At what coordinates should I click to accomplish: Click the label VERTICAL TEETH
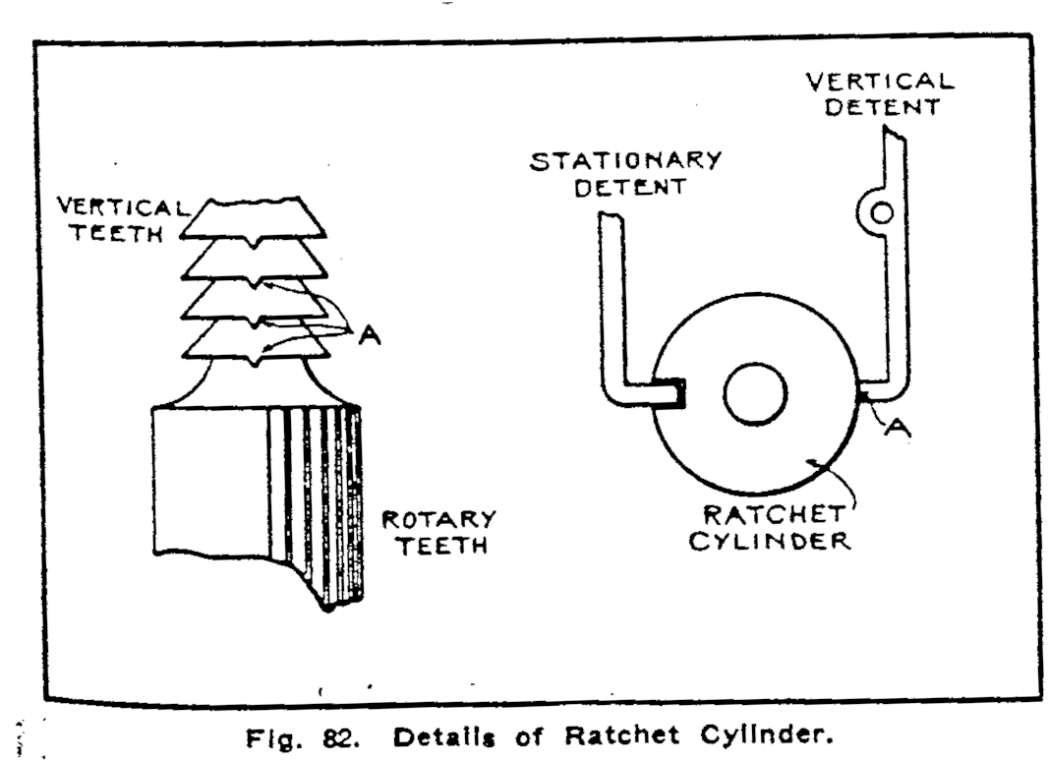(119, 221)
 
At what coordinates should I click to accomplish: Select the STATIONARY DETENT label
(626, 173)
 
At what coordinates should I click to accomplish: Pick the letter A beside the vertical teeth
(370, 335)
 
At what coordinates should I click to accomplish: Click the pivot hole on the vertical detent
(882, 211)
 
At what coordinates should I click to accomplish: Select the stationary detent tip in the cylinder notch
(676, 393)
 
